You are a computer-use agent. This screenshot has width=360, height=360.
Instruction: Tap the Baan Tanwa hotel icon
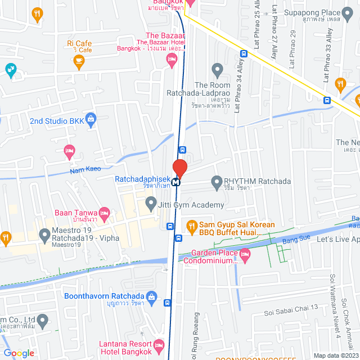pyautogui.click(x=103, y=213)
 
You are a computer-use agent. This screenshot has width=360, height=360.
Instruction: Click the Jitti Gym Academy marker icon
pyautogui.click(x=150, y=202)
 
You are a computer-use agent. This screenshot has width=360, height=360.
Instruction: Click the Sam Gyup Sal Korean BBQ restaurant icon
pyautogui.click(x=191, y=226)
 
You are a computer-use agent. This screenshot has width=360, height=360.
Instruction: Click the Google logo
pyautogui.click(x=19, y=353)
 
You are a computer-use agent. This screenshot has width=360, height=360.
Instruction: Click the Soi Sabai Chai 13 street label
pyautogui.click(x=291, y=307)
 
